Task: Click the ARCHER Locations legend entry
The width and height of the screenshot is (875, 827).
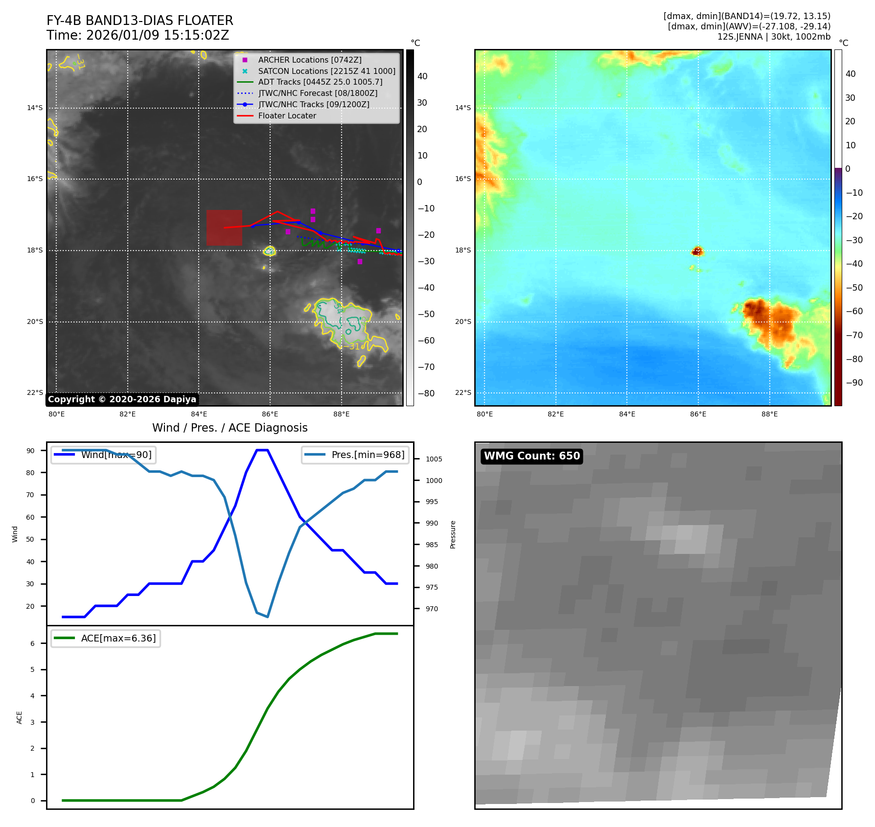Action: pyautogui.click(x=310, y=60)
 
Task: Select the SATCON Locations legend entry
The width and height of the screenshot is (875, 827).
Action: pyautogui.click(x=326, y=71)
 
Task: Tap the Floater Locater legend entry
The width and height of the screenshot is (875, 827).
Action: pyautogui.click(x=287, y=115)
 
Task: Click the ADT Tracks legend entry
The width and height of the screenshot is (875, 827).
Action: pyautogui.click(x=320, y=82)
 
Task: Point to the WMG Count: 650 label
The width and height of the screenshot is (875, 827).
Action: pyautogui.click(x=531, y=456)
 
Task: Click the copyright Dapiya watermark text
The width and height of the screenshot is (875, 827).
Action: pyautogui.click(x=122, y=399)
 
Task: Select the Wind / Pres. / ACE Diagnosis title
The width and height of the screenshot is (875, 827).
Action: pyautogui.click(x=230, y=428)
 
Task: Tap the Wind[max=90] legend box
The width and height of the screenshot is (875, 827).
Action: pyautogui.click(x=104, y=455)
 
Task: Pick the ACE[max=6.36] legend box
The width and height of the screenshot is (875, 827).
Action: pyautogui.click(x=106, y=638)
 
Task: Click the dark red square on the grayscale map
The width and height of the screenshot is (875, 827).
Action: pyautogui.click(x=224, y=228)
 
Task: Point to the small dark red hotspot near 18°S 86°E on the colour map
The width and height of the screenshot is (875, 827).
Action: pyautogui.click(x=697, y=251)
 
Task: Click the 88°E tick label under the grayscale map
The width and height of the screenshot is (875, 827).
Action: pyautogui.click(x=341, y=414)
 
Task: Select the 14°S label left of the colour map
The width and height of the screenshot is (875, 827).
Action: pyautogui.click(x=462, y=108)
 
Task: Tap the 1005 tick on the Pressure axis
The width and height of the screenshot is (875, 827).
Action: pyautogui.click(x=434, y=459)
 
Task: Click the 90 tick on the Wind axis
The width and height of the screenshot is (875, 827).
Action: pyautogui.click(x=30, y=451)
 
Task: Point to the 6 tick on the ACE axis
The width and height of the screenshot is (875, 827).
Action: pyautogui.click(x=32, y=643)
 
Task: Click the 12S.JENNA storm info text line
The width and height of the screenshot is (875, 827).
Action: pyautogui.click(x=773, y=37)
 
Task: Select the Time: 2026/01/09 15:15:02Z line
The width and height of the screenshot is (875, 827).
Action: pyautogui.click(x=138, y=35)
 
